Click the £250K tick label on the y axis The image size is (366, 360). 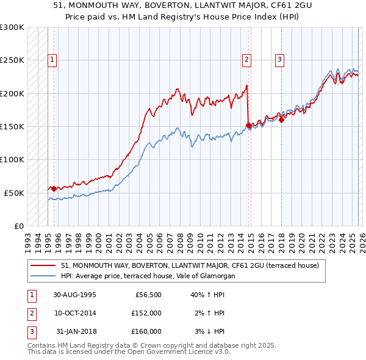coord(12,60)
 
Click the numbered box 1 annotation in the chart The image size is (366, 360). coord(52,60)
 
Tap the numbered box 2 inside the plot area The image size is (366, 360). coord(246,60)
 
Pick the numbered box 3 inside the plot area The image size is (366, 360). coord(279,60)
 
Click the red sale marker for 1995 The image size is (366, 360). coord(54,189)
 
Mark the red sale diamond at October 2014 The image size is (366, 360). coord(248,125)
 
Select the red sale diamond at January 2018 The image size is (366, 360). coord(281,120)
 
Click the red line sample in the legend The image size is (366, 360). coord(43,266)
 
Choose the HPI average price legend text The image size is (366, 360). coord(148,276)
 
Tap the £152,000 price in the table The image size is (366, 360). coord(146,313)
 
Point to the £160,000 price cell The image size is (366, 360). coord(146,331)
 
